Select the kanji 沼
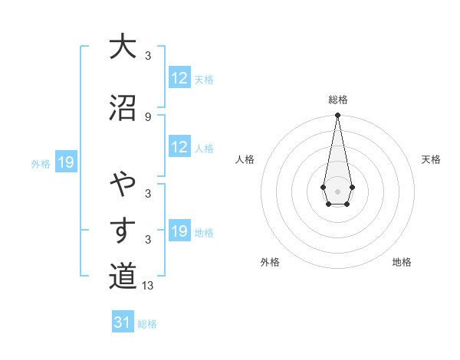(x=122, y=106)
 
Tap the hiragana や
(x=122, y=184)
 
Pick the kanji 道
(x=122, y=277)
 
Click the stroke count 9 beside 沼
(x=147, y=116)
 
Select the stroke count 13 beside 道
(x=149, y=286)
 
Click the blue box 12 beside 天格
(x=179, y=78)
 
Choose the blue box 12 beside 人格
(x=179, y=147)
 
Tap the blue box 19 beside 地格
(x=179, y=231)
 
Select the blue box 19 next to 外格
(x=66, y=162)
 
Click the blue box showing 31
(x=123, y=322)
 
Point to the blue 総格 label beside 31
(x=147, y=324)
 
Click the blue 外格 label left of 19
(x=41, y=163)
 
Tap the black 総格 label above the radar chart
(x=337, y=100)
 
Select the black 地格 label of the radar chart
(x=402, y=262)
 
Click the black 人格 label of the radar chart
(x=245, y=159)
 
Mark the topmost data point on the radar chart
(x=337, y=116)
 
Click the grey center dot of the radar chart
(x=337, y=190)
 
